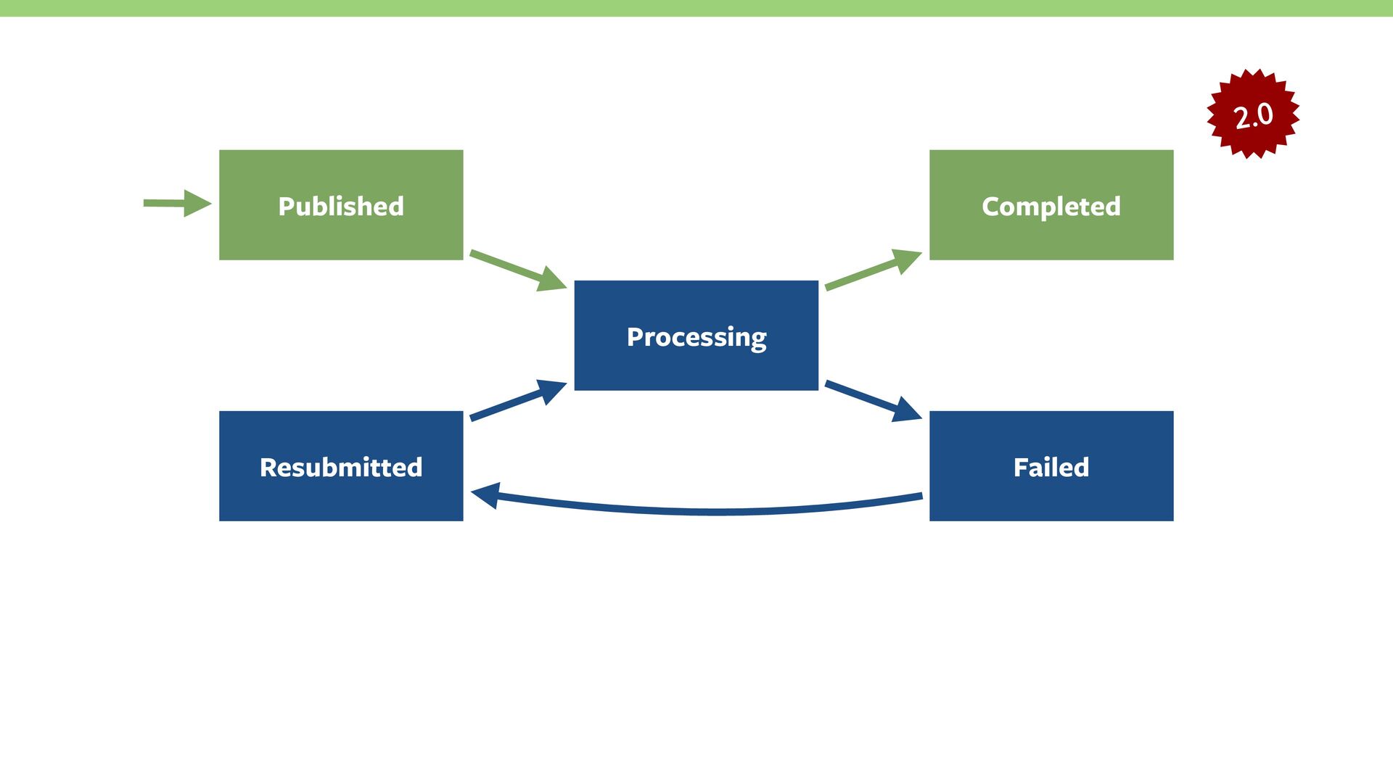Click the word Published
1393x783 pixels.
341,207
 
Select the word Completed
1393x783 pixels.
1051,207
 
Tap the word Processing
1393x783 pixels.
696,337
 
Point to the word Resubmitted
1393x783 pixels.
341,468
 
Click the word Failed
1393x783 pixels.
1051,468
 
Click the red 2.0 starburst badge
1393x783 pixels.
1253,115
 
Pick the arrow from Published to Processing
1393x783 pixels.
517,270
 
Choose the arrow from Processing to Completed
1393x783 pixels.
872,270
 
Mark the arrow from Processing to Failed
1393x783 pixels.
872,400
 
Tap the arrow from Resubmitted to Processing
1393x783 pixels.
517,400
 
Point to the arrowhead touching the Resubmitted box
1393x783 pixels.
485,496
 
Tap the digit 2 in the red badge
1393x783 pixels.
1242,118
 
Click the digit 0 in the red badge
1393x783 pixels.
1265,114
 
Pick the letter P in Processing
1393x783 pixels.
635,337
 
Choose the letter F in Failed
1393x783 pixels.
1021,468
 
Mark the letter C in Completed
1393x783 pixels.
991,207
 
